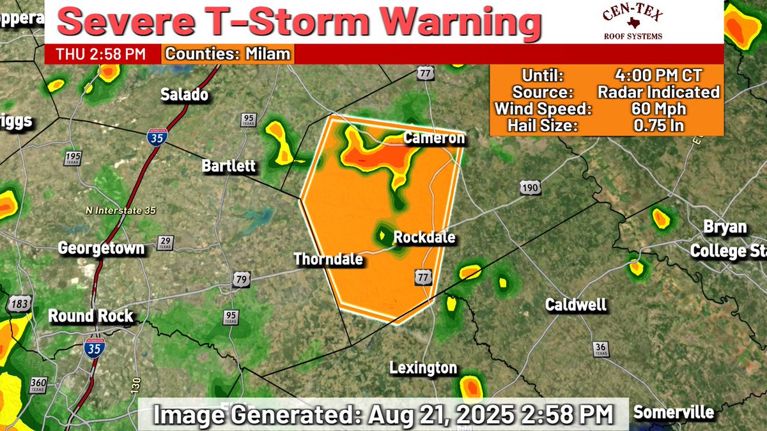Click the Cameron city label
coord(434,139)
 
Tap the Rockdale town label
coord(424,238)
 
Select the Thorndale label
coord(328,259)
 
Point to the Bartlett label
coord(229,167)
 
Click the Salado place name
coord(184,95)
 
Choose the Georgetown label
coord(102,248)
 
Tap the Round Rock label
coord(91,315)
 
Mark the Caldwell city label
coord(575,305)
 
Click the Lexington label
coord(424,368)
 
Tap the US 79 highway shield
coord(241,279)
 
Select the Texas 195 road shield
coord(74,158)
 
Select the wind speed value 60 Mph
coord(658,109)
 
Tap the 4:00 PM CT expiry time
coord(658,75)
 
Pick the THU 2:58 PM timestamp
coord(100,54)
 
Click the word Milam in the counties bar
coord(268,54)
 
